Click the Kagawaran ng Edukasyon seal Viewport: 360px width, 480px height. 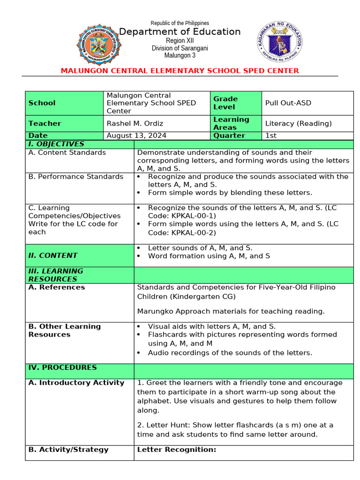pyautogui.click(x=280, y=43)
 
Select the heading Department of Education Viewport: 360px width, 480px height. pyautogui.click(x=180, y=32)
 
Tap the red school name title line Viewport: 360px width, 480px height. pyautogui.click(x=180, y=71)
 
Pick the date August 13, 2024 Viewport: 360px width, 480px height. pyautogui.click(x=136, y=135)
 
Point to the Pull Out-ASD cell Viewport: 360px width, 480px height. pyautogui.click(x=288, y=103)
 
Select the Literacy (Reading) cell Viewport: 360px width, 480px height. pyautogui.click(x=298, y=123)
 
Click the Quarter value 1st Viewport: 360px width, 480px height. pyautogui.click(x=271, y=135)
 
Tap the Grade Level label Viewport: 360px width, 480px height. pyautogui.click(x=225, y=103)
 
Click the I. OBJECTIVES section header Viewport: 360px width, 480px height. pyautogui.click(x=56, y=144)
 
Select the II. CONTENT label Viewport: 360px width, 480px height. pyautogui.click(x=53, y=255)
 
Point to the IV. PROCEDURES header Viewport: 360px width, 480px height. pyautogui.click(x=62, y=367)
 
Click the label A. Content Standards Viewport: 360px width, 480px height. pyautogui.click(x=67, y=152)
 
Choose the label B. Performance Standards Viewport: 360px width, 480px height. pyautogui.click(x=76, y=177)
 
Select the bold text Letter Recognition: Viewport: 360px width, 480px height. pyautogui.click(x=176, y=450)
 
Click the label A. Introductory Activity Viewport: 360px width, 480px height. pyautogui.click(x=76, y=382)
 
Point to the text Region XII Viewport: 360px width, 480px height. pyautogui.click(x=180, y=41)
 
